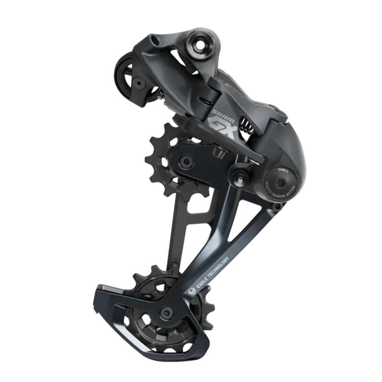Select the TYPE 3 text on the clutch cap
(x=283, y=171)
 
